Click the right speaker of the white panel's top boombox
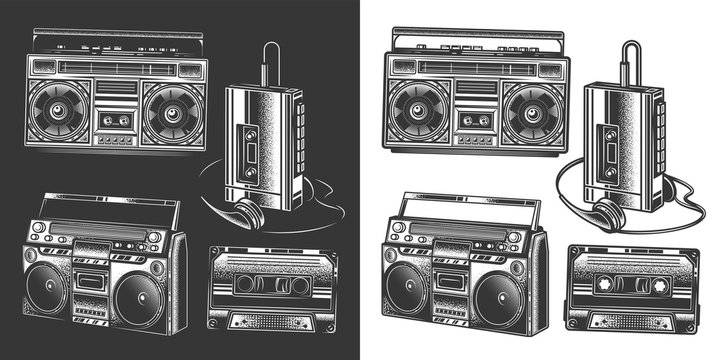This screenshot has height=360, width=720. tap(533, 110)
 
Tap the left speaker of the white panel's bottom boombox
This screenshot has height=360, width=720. tap(407, 290)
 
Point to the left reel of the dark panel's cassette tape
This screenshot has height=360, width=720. tap(247, 286)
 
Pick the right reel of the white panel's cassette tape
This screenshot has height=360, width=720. tap(658, 286)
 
